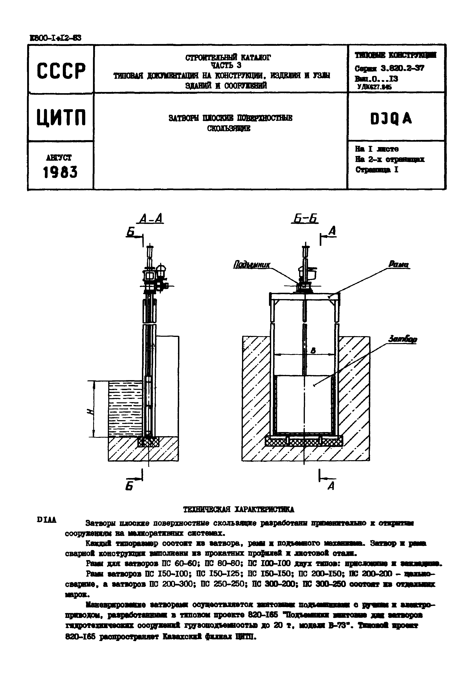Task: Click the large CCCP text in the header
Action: (x=61, y=71)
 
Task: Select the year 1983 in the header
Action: (x=60, y=172)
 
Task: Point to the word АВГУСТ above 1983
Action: (x=59, y=158)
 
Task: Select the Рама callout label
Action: (x=398, y=264)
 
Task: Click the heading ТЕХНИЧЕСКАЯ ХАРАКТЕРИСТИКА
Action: (x=238, y=510)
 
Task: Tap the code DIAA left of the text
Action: (x=47, y=520)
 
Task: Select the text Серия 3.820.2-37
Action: (x=389, y=69)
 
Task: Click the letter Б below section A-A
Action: (x=129, y=486)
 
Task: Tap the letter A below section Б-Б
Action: (x=331, y=486)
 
